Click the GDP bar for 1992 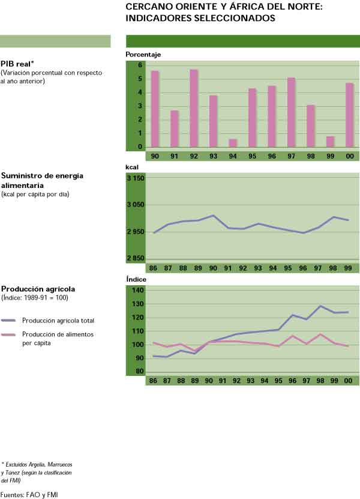click(x=194, y=108)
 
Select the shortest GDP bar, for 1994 click(x=233, y=143)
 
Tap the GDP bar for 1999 click(x=330, y=142)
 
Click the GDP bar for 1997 click(x=291, y=112)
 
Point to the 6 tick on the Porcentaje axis click(x=140, y=65)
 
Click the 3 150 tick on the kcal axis click(x=136, y=178)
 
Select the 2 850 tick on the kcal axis click(x=136, y=259)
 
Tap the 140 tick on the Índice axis click(x=137, y=291)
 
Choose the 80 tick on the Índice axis click(x=139, y=372)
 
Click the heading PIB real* click(x=17, y=65)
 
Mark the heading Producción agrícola click(x=38, y=289)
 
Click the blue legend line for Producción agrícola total click(x=9, y=321)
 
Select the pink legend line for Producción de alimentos click(x=9, y=335)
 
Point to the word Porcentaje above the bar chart click(x=143, y=55)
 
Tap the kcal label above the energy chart click(x=132, y=166)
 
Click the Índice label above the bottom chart click(x=136, y=279)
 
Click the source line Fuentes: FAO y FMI click(x=26, y=494)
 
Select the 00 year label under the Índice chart click(x=349, y=381)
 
